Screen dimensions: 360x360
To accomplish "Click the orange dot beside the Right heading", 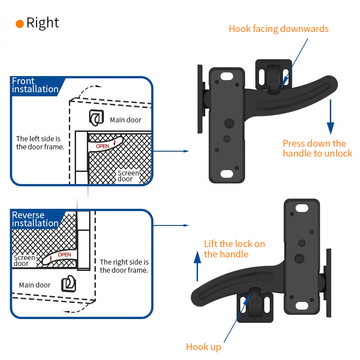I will pyautogui.click(x=19, y=24).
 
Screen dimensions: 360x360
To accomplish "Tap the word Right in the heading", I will pyautogui.click(x=43, y=23).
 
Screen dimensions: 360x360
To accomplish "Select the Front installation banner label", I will pyautogui.click(x=35, y=85).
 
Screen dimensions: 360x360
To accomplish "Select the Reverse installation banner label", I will pyautogui.click(x=35, y=219).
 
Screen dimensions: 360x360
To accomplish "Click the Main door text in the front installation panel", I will pyautogui.click(x=126, y=120).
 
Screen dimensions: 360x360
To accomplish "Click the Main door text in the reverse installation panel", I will pyautogui.click(x=35, y=285).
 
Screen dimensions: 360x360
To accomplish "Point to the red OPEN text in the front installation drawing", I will pyautogui.click(x=103, y=146).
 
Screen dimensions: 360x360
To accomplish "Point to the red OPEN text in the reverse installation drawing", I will pyautogui.click(x=64, y=255).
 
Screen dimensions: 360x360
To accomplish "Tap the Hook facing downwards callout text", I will pyautogui.click(x=279, y=29).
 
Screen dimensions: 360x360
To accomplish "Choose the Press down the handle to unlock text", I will pyautogui.click(x=317, y=148).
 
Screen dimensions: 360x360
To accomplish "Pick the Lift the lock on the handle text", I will pyautogui.click(x=234, y=249).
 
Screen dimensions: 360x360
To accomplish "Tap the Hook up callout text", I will pyautogui.click(x=203, y=347).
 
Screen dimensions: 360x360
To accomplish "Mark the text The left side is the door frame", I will pyautogui.click(x=40, y=143).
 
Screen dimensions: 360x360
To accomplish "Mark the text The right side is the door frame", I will pyautogui.click(x=124, y=266).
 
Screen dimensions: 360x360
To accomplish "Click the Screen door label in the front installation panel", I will pyautogui.click(x=128, y=176).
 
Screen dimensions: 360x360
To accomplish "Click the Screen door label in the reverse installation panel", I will pyautogui.click(x=24, y=261).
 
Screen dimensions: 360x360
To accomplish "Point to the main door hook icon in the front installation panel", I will pyautogui.click(x=96, y=117).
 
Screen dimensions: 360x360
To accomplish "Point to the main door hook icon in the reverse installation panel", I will pyautogui.click(x=68, y=283).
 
